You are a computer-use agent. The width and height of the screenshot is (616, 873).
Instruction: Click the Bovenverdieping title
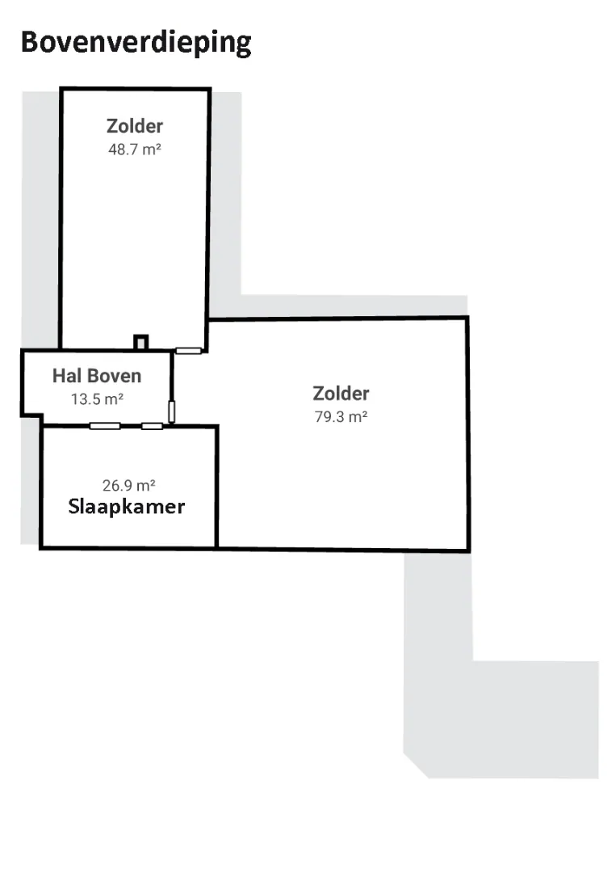pyautogui.click(x=136, y=42)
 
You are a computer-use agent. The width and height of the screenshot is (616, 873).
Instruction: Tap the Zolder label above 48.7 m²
pyautogui.click(x=135, y=126)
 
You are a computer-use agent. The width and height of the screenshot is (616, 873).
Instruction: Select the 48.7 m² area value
pyautogui.click(x=135, y=150)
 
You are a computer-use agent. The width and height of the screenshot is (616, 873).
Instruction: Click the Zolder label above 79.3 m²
pyautogui.click(x=341, y=393)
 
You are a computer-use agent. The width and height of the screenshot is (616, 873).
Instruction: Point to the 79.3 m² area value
pyautogui.click(x=341, y=416)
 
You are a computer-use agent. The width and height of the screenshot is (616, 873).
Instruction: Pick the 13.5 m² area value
pyautogui.click(x=97, y=399)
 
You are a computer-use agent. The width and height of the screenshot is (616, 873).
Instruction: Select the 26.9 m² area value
pyautogui.click(x=128, y=486)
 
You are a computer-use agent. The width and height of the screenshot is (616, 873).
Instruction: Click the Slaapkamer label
pyautogui.click(x=126, y=507)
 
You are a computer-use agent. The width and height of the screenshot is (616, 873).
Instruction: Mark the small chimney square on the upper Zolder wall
pyautogui.click(x=140, y=343)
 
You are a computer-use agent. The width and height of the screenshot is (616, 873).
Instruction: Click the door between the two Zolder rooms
pyautogui.click(x=188, y=351)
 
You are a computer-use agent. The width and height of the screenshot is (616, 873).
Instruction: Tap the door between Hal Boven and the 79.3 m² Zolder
pyautogui.click(x=172, y=411)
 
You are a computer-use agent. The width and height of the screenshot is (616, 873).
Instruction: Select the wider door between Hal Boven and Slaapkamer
pyautogui.click(x=105, y=426)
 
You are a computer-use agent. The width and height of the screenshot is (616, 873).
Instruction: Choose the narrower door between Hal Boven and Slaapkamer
pyautogui.click(x=153, y=426)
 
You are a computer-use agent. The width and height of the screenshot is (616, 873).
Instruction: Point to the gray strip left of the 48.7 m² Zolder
pyautogui.click(x=40, y=220)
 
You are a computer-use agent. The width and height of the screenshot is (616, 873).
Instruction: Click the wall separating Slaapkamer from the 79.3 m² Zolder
pyautogui.click(x=216, y=487)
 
